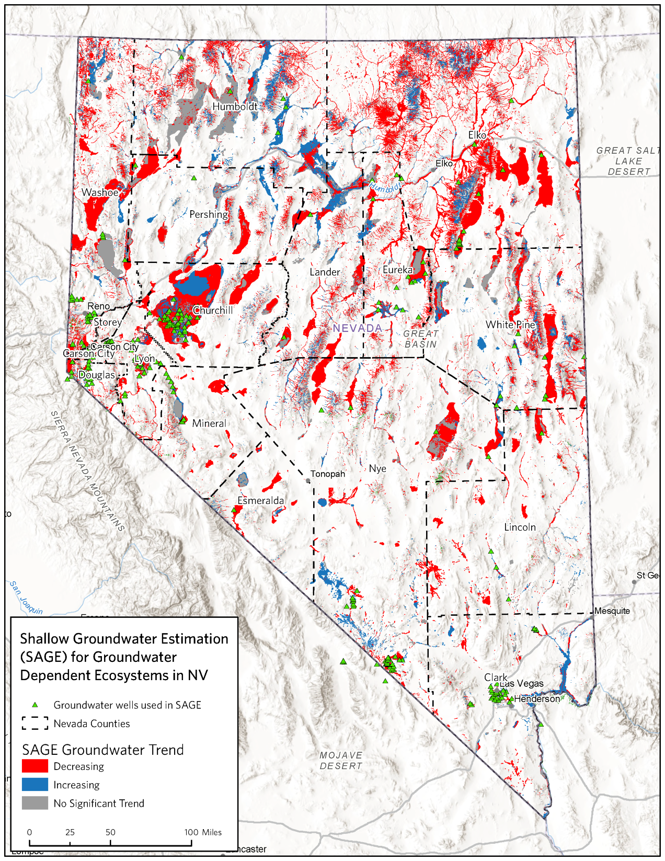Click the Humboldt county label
(x=235, y=107)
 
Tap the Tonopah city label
(x=328, y=474)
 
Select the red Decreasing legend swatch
(x=35, y=766)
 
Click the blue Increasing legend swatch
(x=35, y=785)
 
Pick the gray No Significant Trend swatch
(x=35, y=803)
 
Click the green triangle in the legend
(x=35, y=705)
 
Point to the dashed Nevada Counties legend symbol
(x=35, y=724)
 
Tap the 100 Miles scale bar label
(x=203, y=832)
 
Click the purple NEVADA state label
(x=358, y=328)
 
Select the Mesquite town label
(x=612, y=611)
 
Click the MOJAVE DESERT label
(x=341, y=761)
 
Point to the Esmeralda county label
(x=261, y=501)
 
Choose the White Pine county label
(x=510, y=325)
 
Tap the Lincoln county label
(x=520, y=527)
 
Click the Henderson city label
(x=537, y=699)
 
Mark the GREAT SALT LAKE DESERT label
(x=627, y=161)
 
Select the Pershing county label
(x=209, y=214)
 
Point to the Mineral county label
(x=209, y=423)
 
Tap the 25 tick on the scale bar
(x=70, y=832)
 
